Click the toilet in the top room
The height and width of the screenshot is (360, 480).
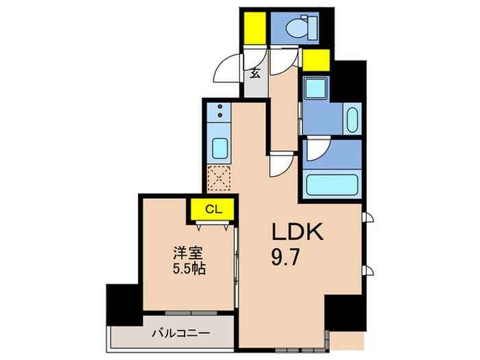296,28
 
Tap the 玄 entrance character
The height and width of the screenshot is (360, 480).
254,73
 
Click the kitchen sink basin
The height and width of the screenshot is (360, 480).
220,149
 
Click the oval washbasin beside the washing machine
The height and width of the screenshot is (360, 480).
352,120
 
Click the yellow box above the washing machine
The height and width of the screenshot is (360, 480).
316,62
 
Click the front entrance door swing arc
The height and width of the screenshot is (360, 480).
228,69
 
